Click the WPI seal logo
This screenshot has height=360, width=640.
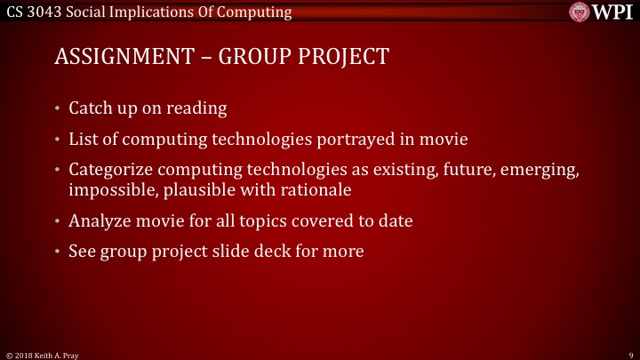580,12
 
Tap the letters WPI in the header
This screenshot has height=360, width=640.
612,12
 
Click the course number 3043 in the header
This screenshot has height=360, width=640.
46,12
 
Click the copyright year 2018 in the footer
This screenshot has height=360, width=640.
25,354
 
